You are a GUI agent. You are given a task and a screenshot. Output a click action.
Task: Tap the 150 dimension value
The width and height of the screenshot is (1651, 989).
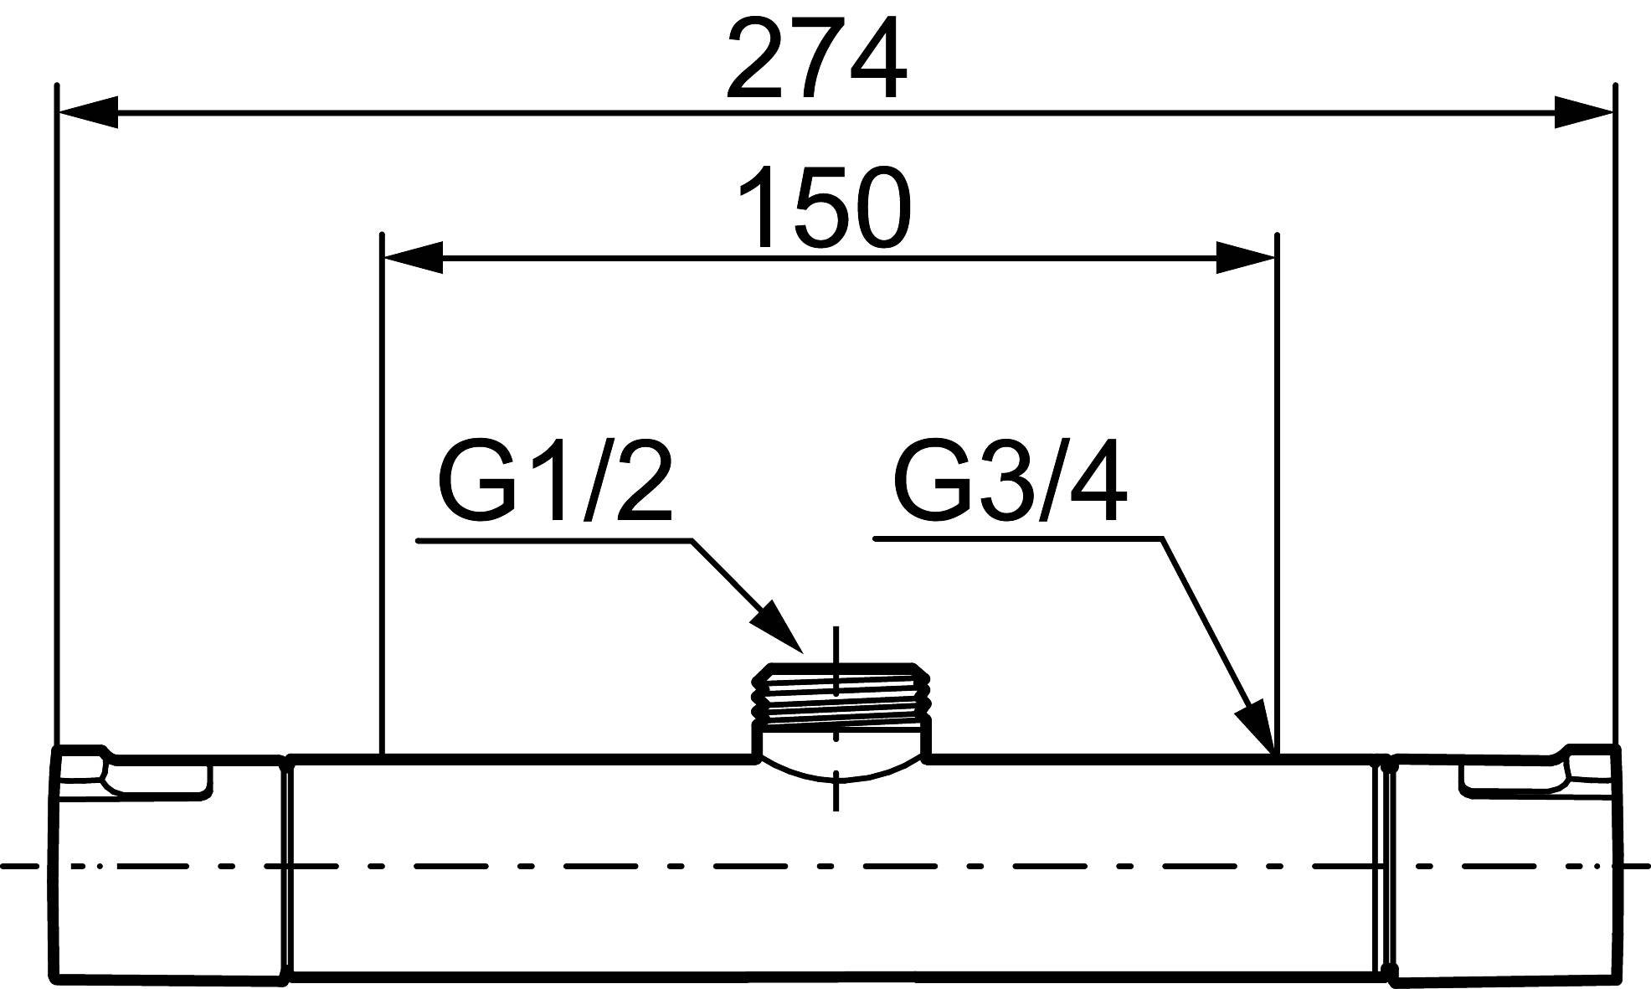[x=823, y=207]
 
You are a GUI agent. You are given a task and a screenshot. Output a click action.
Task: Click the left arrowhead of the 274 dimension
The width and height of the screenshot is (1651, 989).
[x=87, y=113]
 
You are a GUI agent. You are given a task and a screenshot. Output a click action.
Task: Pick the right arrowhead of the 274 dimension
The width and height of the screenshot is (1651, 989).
[x=1582, y=113]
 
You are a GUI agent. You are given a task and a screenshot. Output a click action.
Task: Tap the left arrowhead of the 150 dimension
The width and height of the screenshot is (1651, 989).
[x=412, y=258]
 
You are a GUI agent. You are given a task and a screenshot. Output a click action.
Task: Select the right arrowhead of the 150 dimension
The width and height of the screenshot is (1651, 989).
[x=1245, y=258]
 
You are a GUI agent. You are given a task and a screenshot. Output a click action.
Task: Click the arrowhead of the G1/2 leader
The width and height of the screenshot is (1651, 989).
[x=778, y=626]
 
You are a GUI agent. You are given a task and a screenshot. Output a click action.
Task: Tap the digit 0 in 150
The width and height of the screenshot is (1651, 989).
[x=877, y=207]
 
